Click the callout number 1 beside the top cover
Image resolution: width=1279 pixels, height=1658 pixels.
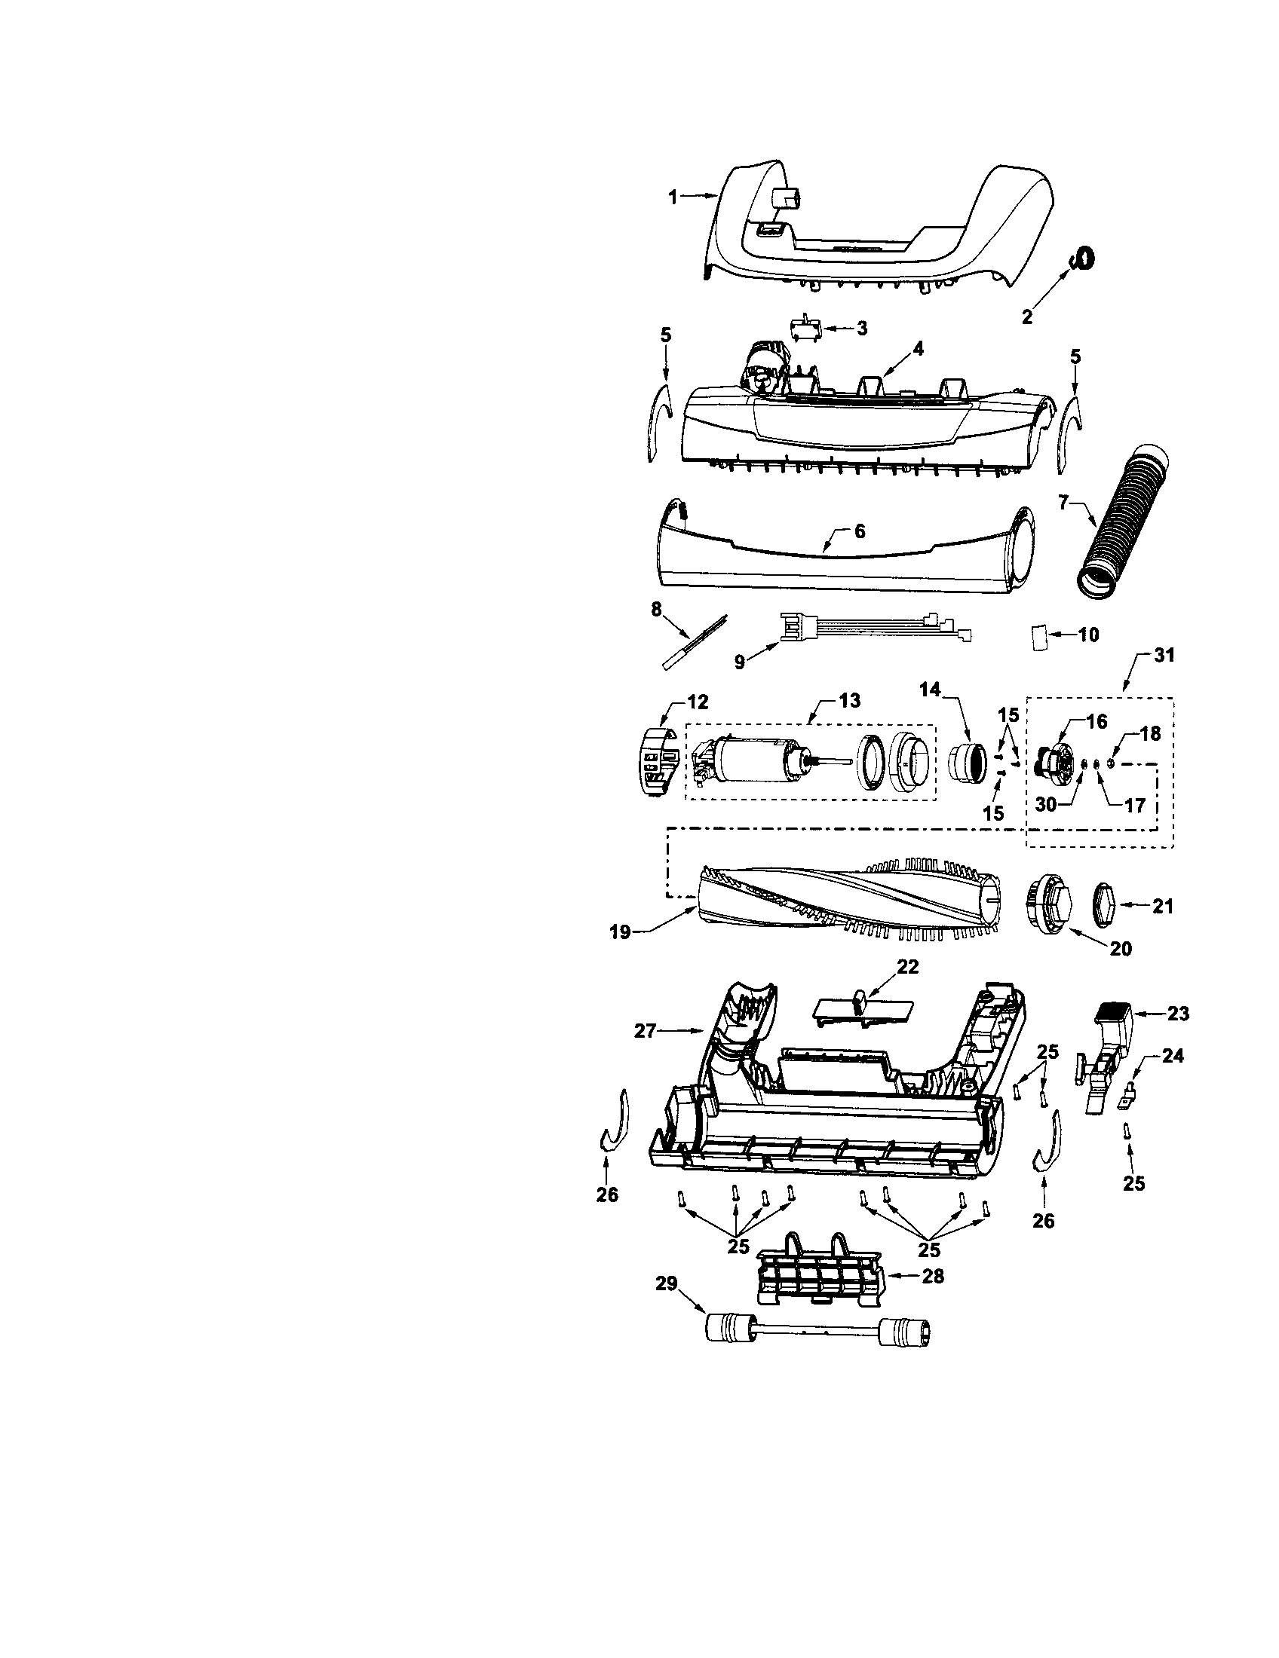coord(672,197)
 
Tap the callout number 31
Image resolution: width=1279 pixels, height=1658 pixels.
coord(1163,655)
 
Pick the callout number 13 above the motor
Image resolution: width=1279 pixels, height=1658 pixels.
coord(849,700)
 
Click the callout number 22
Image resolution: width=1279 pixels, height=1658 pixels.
coord(908,967)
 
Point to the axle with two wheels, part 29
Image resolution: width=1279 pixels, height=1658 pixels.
coord(819,1331)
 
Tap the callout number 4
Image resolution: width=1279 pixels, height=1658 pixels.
coord(919,348)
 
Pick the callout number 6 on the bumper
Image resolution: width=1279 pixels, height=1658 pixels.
coord(859,531)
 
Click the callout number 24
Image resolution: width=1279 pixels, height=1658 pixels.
coord(1173,1055)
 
